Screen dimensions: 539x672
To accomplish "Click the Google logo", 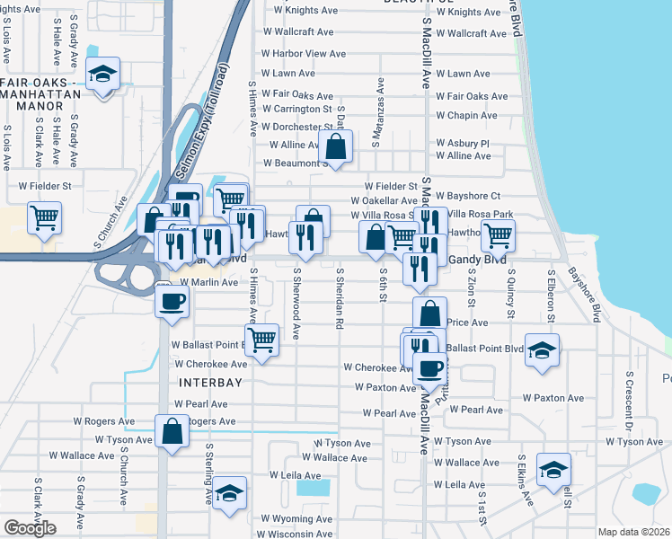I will point(30,528).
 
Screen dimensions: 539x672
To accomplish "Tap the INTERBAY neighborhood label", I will point(212,383).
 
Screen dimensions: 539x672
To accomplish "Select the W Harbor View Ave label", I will point(304,53).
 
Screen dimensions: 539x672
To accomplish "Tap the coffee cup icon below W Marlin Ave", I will point(172,301).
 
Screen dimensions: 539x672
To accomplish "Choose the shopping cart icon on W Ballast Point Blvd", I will point(261,341).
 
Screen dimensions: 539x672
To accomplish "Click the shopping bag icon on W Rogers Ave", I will point(172,431).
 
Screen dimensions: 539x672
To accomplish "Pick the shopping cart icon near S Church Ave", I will point(44,216).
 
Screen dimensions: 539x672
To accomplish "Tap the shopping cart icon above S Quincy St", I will point(497,236).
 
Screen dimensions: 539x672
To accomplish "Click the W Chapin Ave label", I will point(466,116).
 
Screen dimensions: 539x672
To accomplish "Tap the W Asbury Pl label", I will point(462,144).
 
